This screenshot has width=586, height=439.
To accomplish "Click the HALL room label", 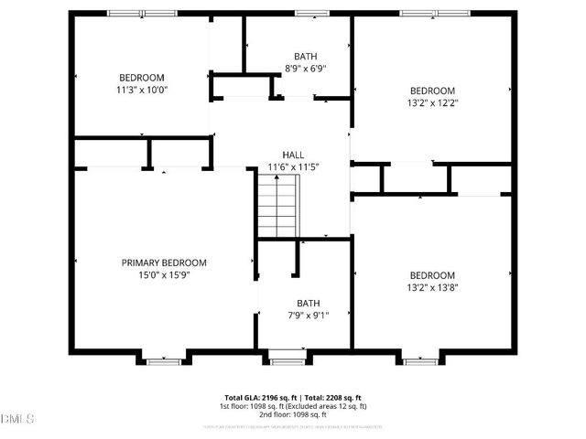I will coord(293,155).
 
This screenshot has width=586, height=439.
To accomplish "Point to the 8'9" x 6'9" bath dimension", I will coord(306,68).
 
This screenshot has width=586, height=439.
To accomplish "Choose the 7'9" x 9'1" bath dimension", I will coord(308,316).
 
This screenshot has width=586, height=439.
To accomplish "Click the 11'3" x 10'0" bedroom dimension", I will coord(142,90).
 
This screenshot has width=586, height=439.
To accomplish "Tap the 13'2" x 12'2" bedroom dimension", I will coord(432,102).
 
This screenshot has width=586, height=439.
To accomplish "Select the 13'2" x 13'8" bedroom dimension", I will coord(432,287).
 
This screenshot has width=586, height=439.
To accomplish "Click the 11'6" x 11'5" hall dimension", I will coord(293,167).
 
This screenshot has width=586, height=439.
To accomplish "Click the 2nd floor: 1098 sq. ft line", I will coord(293,414).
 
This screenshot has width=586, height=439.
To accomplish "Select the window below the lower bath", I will coord(288,362).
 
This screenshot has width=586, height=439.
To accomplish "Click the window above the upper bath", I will coord(307,13).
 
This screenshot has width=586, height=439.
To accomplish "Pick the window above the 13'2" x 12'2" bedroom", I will coord(432,13).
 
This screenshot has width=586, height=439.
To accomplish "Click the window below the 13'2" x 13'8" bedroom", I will coord(419,362).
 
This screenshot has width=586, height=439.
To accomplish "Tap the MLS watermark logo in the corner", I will coord(16,420).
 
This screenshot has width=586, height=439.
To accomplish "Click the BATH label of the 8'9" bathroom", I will coord(306,56).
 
